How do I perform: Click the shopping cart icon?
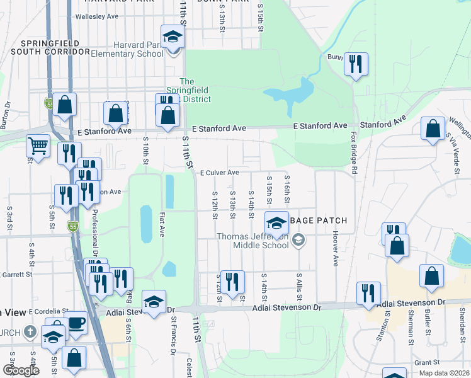pos(38,147)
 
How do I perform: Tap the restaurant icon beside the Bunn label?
pos(356,64)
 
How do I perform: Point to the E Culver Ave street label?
pos(219,173)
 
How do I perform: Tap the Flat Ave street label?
pos(162,225)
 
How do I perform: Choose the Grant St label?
pos(426,362)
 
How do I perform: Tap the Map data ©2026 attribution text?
pos(443,373)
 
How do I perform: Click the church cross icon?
pos(29,332)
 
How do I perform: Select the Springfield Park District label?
pos(187,90)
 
